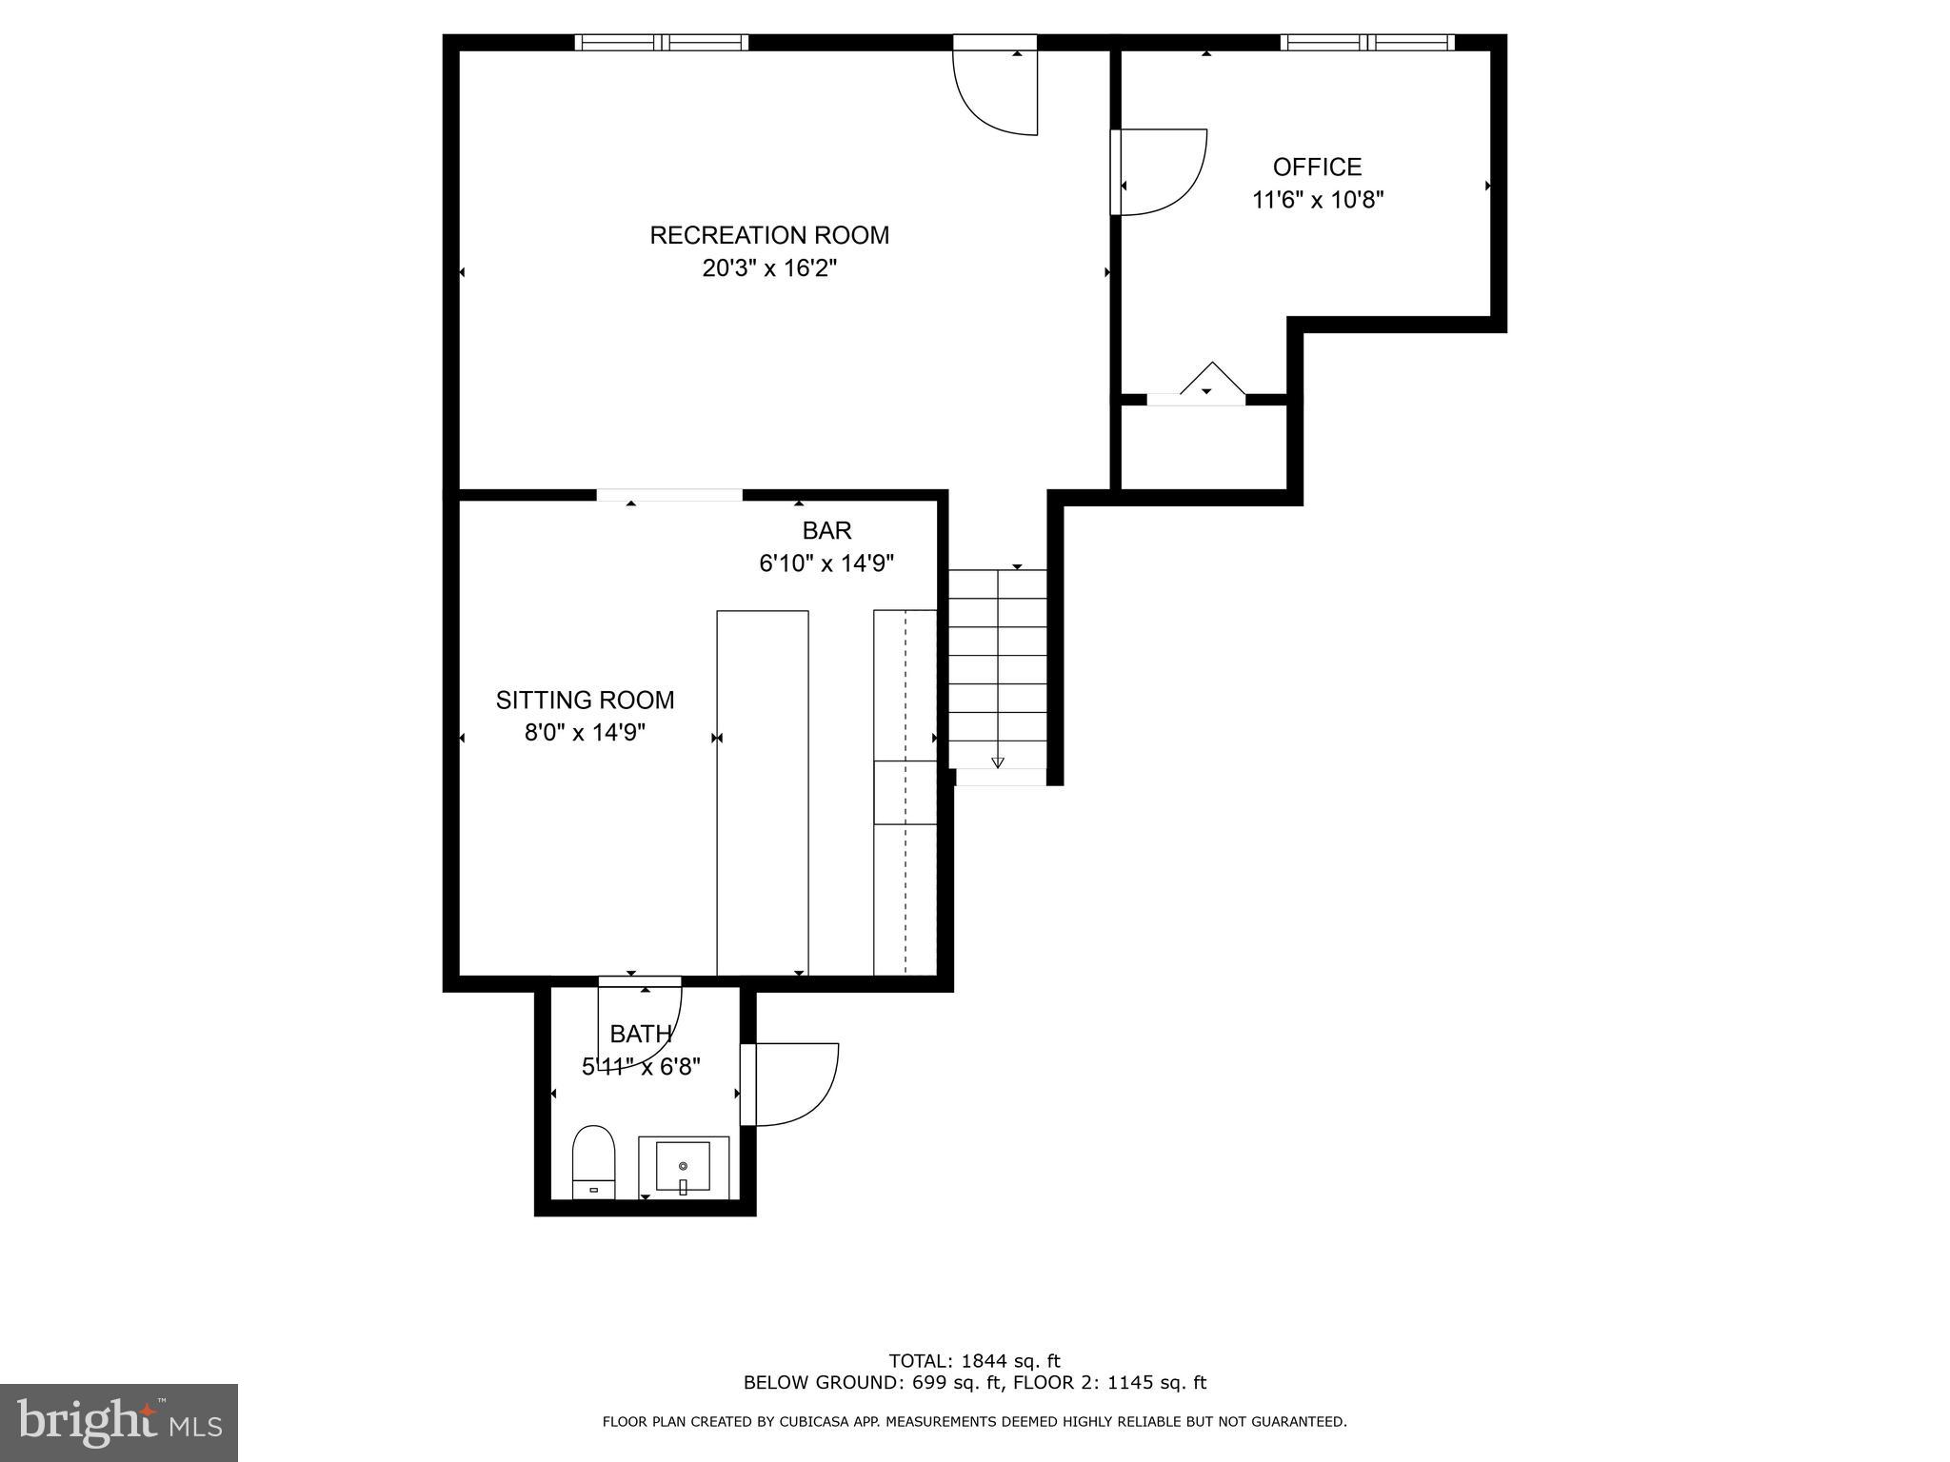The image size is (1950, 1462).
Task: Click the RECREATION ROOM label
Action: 769,235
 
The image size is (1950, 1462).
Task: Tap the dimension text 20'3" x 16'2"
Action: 769,268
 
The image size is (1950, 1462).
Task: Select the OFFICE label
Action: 1317,168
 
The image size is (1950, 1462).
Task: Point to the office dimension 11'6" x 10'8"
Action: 1317,200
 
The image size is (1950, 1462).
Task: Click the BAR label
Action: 826,530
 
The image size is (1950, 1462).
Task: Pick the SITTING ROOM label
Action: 585,701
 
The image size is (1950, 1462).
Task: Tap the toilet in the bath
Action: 593,1161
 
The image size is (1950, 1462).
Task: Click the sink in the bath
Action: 683,1167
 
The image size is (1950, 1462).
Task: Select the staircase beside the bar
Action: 997,666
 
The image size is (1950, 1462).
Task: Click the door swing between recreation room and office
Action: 1162,171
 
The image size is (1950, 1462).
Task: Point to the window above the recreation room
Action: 662,42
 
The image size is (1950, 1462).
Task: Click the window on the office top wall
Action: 1366,42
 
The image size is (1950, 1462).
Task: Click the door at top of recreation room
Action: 995,90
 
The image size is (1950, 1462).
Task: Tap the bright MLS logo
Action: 118,1422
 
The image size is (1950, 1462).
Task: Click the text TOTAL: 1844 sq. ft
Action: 974,1361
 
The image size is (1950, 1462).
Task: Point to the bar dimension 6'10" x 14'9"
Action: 826,563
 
